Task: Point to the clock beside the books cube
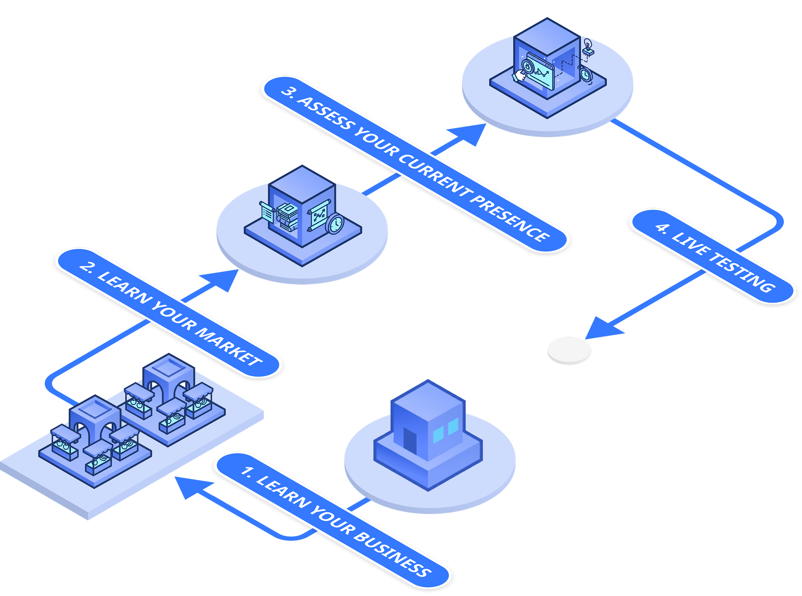pyautogui.click(x=335, y=224)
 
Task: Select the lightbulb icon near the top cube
pyautogui.click(x=588, y=45)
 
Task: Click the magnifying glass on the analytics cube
pyautogui.click(x=527, y=67)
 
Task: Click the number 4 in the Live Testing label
pyautogui.click(x=662, y=227)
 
